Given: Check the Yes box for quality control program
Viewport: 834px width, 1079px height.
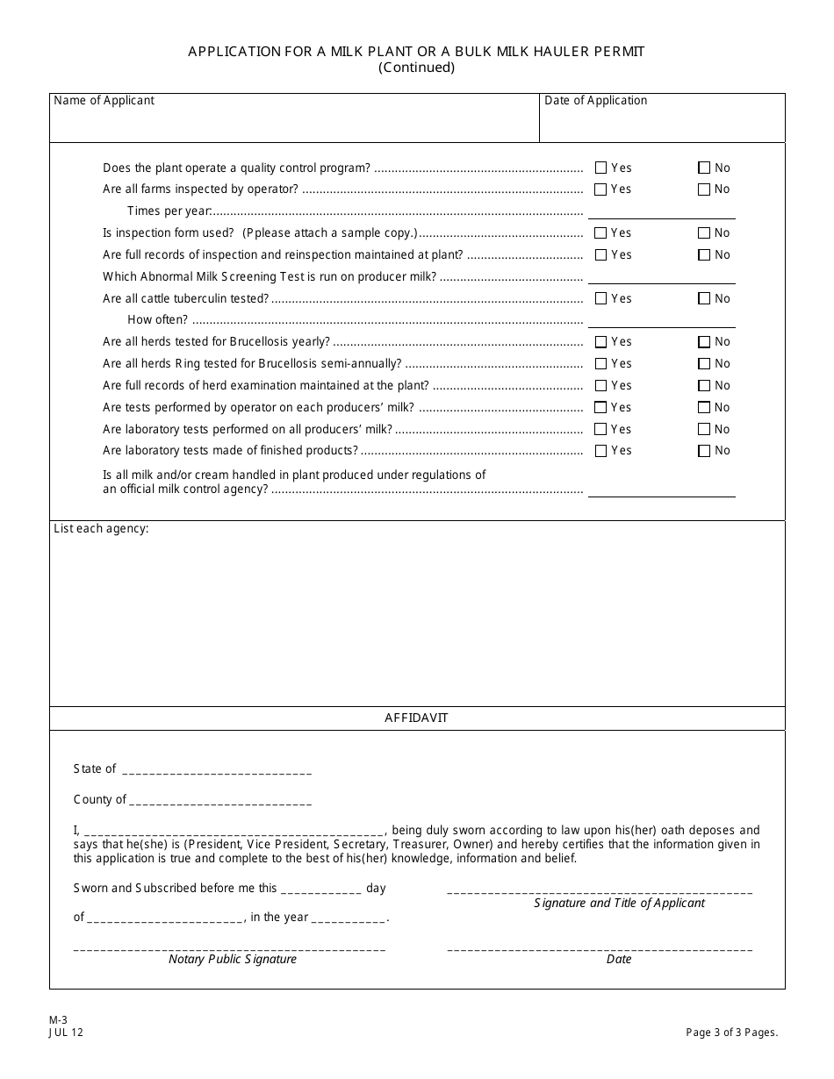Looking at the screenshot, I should pyautogui.click(x=600, y=168).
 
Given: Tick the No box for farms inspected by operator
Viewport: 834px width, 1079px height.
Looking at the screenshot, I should pyautogui.click(x=704, y=189).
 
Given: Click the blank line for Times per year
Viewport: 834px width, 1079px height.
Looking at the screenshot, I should pyautogui.click(x=661, y=211).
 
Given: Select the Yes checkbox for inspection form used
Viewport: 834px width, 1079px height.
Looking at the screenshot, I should pyautogui.click(x=600, y=233).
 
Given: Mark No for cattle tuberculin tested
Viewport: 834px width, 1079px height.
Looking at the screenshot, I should pyautogui.click(x=704, y=299).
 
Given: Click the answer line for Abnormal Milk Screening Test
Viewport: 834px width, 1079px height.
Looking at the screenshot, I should pyautogui.click(x=661, y=276).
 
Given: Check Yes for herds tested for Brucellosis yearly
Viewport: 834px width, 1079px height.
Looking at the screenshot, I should pyautogui.click(x=600, y=342).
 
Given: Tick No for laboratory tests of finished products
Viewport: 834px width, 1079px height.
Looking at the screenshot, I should pyautogui.click(x=704, y=451).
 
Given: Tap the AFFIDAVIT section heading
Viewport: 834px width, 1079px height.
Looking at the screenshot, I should pyautogui.click(x=416, y=718).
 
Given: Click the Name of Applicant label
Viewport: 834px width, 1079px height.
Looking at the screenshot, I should pyautogui.click(x=104, y=100).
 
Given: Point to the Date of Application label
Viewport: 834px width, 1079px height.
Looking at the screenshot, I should pyautogui.click(x=595, y=100).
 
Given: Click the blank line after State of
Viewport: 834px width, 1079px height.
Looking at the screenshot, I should pyautogui.click(x=217, y=770).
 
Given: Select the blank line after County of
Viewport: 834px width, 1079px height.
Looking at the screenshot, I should pyautogui.click(x=220, y=801).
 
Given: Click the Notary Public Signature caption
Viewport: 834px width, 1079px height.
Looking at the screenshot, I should pyautogui.click(x=233, y=959).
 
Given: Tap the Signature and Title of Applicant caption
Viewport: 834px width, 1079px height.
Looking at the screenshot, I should pyautogui.click(x=619, y=903).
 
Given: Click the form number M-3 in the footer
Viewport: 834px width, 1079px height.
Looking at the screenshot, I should pyautogui.click(x=58, y=1020).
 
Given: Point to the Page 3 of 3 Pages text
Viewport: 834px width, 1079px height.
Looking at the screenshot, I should pyautogui.click(x=731, y=1033).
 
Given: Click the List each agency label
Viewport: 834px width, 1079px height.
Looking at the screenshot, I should pyautogui.click(x=101, y=529).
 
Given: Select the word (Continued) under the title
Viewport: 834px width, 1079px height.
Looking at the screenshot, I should pyautogui.click(x=416, y=68).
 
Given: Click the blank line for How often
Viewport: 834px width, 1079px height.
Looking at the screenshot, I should pyautogui.click(x=661, y=320).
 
